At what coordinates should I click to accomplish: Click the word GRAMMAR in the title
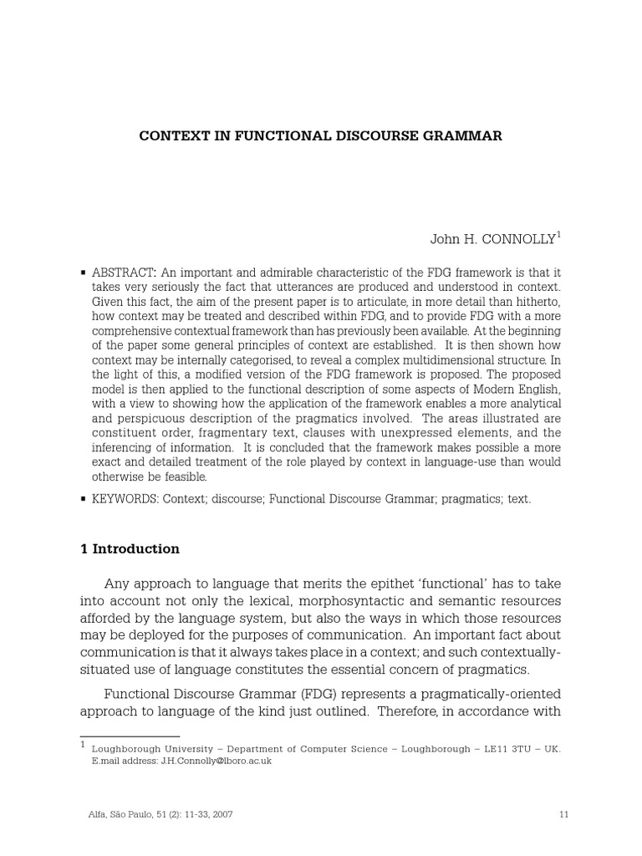pyautogui.click(x=467, y=135)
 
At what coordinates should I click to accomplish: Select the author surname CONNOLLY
pyautogui.click(x=517, y=239)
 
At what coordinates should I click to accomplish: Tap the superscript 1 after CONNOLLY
pyautogui.click(x=558, y=236)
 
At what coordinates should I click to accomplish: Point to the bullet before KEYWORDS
pyautogui.click(x=83, y=499)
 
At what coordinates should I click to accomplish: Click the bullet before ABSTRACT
pyautogui.click(x=83, y=273)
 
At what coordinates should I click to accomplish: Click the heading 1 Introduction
pyautogui.click(x=130, y=549)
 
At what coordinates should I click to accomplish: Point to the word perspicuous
pyautogui.click(x=153, y=419)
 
